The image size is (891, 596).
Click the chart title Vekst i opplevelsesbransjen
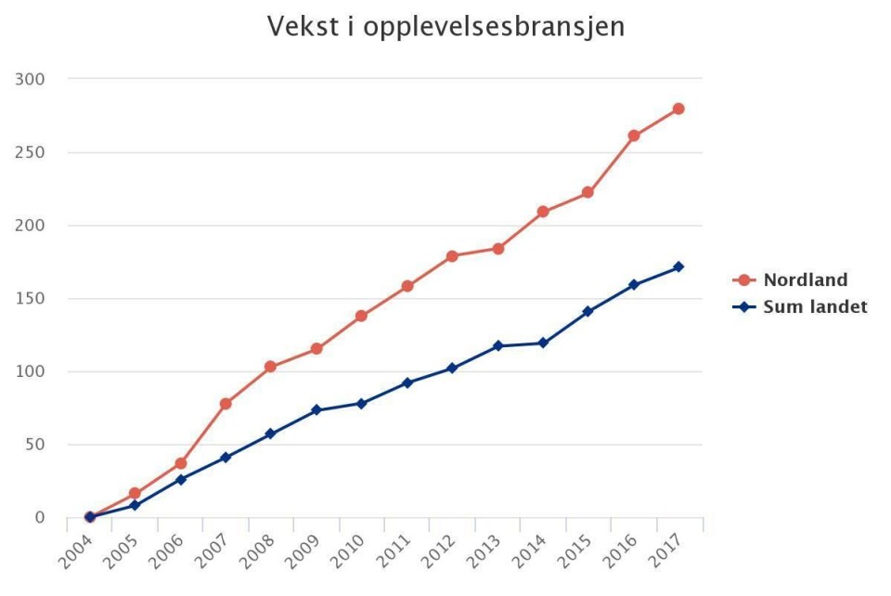pos(445,27)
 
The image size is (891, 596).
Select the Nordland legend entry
pos(805,279)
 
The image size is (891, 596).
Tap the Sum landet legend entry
pos(814,306)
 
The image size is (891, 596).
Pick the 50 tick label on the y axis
pos(33,445)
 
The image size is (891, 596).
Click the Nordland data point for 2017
pos(678,109)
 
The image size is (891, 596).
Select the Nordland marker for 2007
pos(226,404)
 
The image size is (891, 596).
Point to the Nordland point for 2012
pos(452,256)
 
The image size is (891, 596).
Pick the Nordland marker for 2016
pos(634,136)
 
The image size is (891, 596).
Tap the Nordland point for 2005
pos(136,494)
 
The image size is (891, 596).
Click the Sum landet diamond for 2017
pos(678,266)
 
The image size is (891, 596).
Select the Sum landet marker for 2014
pos(543,343)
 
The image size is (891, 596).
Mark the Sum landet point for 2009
pos(316,409)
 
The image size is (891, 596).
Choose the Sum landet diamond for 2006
pos(181,479)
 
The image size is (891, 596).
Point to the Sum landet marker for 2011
pos(407,382)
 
